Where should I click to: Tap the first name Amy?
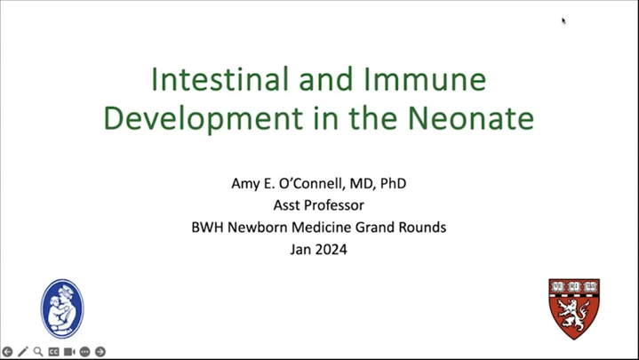click(x=246, y=184)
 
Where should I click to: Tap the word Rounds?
click(x=421, y=228)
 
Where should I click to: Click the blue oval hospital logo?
click(x=62, y=308)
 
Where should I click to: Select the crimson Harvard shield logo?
click(x=573, y=308)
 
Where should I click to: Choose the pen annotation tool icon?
click(x=23, y=352)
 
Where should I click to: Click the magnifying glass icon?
click(x=38, y=352)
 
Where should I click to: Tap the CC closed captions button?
click(x=53, y=352)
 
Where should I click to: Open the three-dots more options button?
click(x=84, y=352)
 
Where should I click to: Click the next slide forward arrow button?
click(x=100, y=352)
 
